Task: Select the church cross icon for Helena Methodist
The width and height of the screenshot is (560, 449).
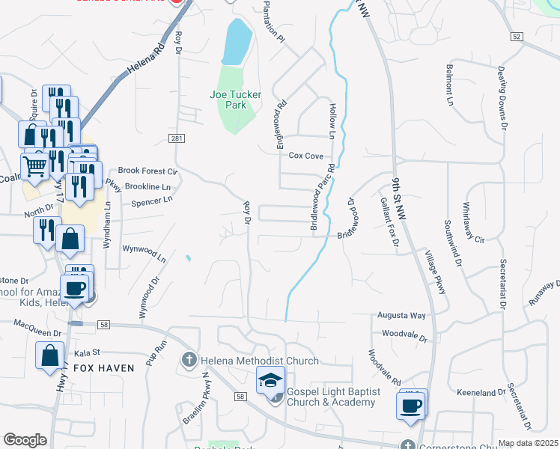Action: (x=189, y=361)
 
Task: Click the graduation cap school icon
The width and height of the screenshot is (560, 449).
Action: (x=271, y=381)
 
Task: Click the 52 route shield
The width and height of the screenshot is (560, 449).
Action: (x=517, y=36)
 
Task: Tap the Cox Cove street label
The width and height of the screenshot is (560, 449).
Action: (x=306, y=156)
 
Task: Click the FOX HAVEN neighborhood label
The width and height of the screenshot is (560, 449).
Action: (x=104, y=368)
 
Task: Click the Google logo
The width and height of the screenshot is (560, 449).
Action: (x=25, y=439)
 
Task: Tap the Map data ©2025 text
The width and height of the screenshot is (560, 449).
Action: (x=528, y=443)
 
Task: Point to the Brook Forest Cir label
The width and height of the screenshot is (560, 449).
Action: (x=147, y=171)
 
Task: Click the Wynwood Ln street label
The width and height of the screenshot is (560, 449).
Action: (x=144, y=252)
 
